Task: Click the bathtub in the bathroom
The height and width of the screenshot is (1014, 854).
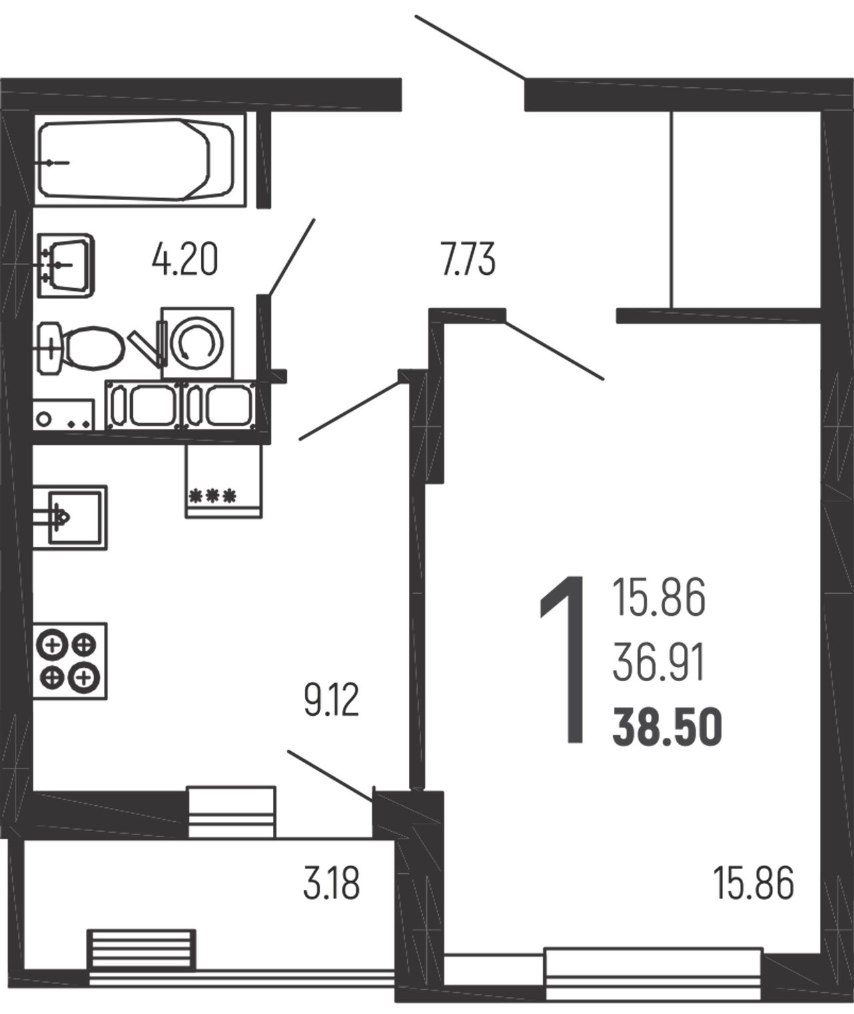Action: [137, 160]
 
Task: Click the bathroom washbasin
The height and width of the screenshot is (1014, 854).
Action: [65, 265]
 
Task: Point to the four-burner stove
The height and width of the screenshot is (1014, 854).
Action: [70, 661]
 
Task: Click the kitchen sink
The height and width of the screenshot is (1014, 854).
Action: [70, 517]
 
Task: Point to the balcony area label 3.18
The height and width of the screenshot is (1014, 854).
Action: [332, 884]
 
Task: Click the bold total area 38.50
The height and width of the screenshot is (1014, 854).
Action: [667, 727]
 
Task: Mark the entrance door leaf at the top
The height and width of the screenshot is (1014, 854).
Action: [470, 47]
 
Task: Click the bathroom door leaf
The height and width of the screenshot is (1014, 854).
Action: [290, 257]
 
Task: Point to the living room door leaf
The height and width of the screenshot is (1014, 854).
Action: [554, 350]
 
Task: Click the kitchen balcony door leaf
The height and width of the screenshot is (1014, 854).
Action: [331, 776]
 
